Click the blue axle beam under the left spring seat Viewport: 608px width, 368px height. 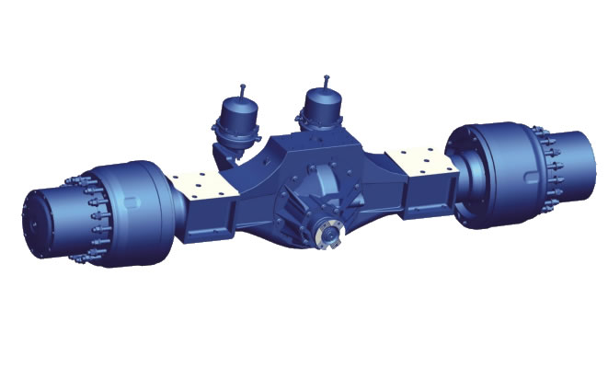pyautogui.click(x=208, y=216)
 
